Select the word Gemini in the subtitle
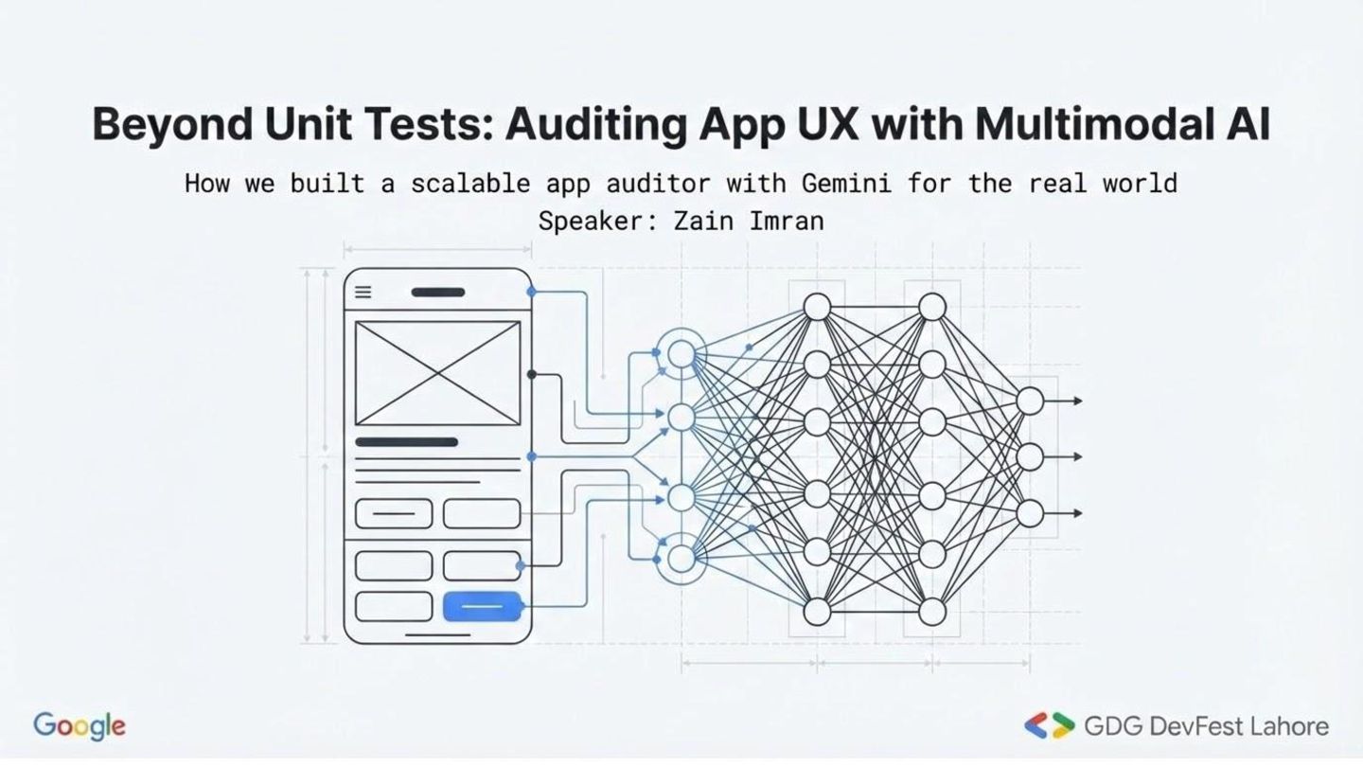[x=845, y=182]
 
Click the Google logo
[x=80, y=726]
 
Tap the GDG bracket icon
[x=1050, y=726]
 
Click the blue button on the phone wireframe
[x=482, y=606]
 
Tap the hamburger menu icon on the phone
[x=363, y=293]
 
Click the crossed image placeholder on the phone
[x=437, y=373]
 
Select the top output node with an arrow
[x=1030, y=401]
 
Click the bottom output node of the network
[x=1030, y=513]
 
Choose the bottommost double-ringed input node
[x=681, y=559]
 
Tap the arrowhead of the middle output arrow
[x=1077, y=457]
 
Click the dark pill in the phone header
[x=438, y=293]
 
